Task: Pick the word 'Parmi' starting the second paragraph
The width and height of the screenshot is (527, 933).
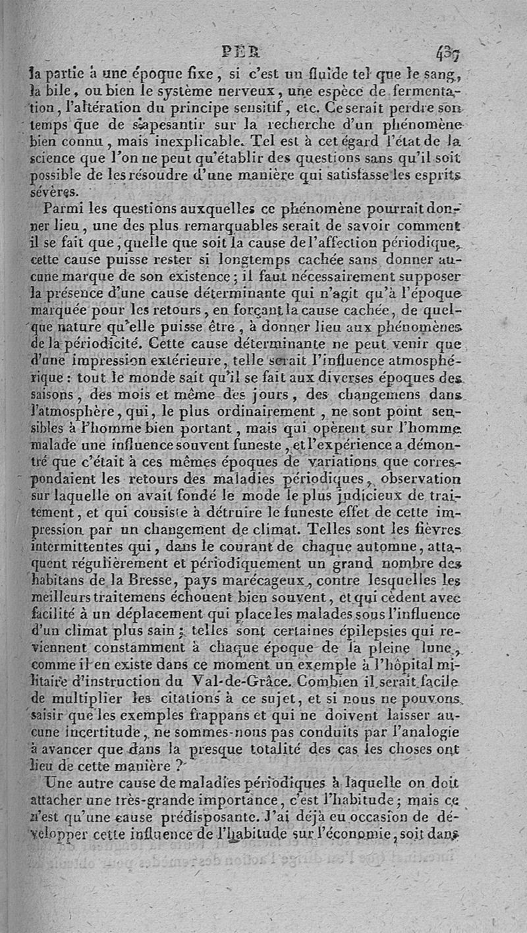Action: tap(62, 210)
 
